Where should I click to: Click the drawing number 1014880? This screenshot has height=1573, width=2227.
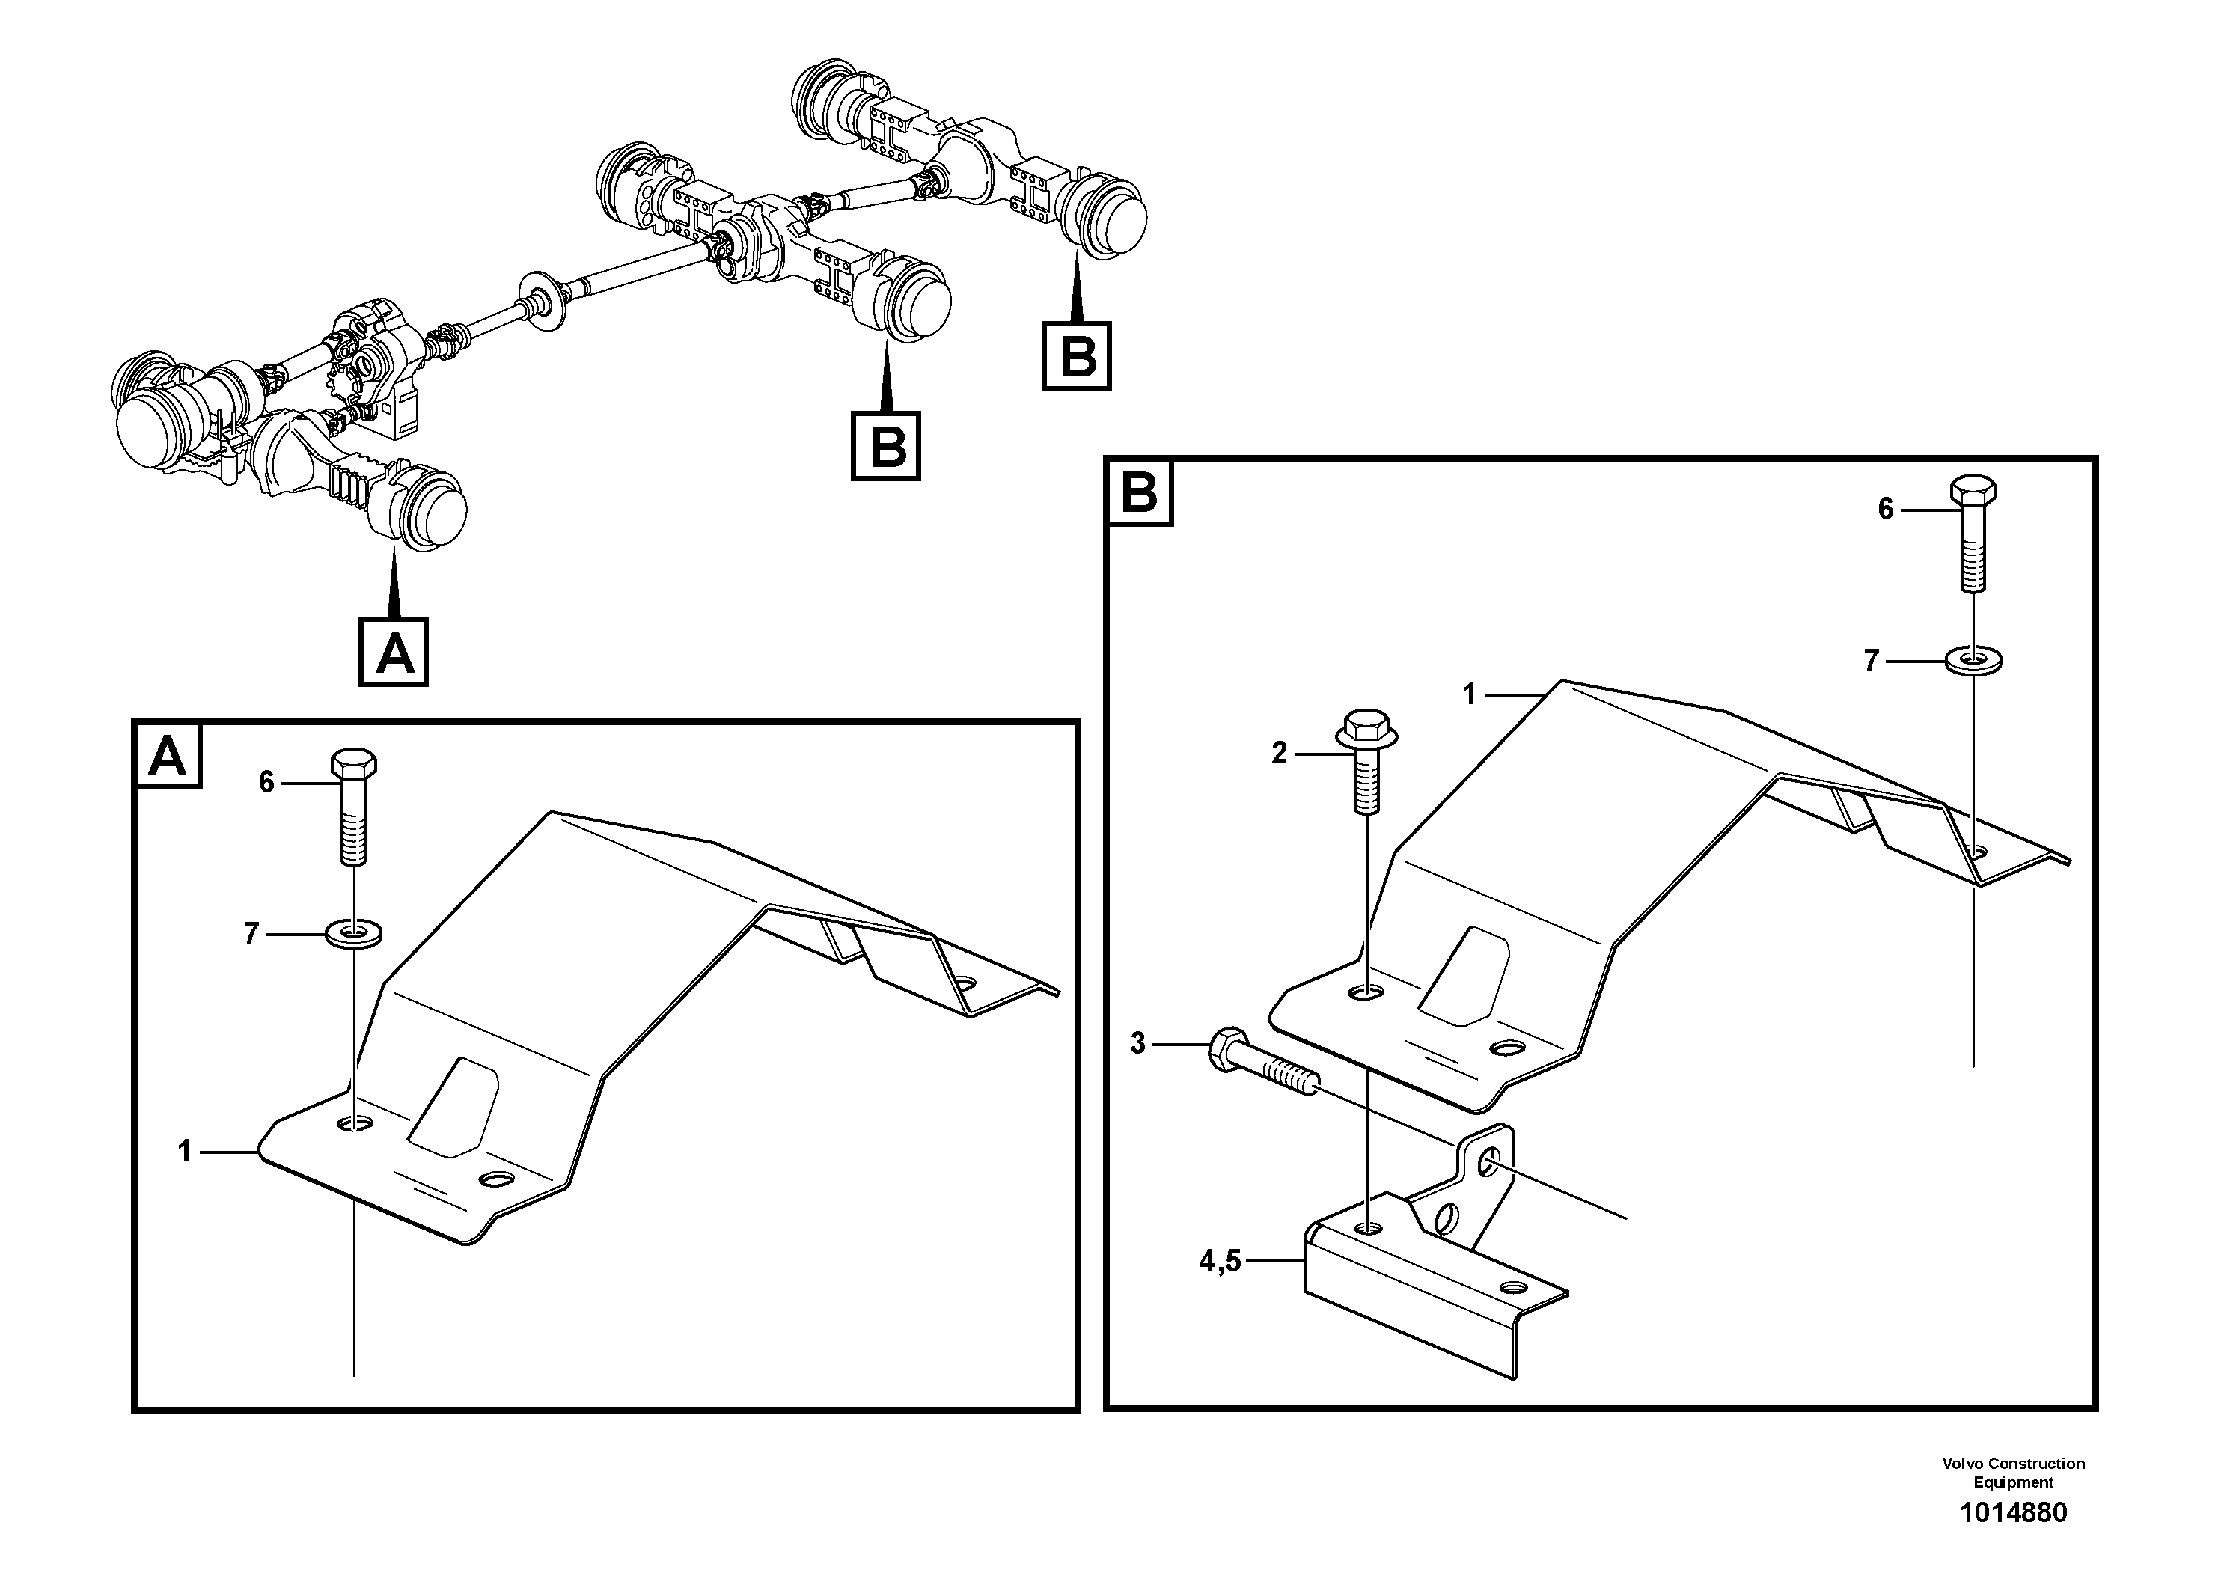(2014, 1513)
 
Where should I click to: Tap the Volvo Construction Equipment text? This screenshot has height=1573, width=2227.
(2014, 1472)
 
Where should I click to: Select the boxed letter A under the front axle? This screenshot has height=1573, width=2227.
(394, 653)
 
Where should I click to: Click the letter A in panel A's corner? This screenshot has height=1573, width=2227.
(168, 757)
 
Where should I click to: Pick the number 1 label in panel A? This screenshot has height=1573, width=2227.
(184, 1152)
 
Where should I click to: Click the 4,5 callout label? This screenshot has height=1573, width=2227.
(1221, 1261)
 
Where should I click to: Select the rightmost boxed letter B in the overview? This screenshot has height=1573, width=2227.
(1077, 356)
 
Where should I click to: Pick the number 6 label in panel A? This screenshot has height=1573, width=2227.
(266, 782)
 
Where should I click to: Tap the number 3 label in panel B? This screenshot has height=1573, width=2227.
(1137, 1043)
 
